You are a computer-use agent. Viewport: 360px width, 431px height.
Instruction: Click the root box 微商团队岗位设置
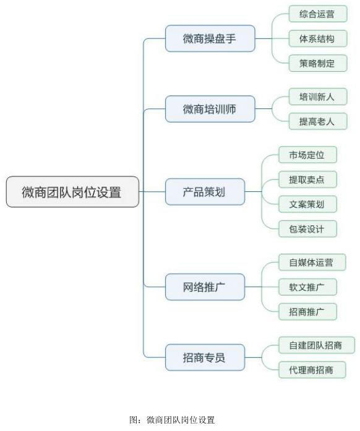[x=72, y=191]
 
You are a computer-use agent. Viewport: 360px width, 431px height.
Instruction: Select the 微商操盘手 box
[x=210, y=38]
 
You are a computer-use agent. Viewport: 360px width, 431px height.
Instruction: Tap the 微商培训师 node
[x=210, y=109]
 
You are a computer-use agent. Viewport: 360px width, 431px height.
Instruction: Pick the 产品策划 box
[x=205, y=191]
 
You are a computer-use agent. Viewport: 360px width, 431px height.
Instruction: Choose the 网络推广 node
[x=205, y=287]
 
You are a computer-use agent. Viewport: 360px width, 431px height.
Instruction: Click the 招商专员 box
[x=205, y=357]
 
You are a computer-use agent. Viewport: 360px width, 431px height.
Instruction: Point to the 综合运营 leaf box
[x=318, y=14]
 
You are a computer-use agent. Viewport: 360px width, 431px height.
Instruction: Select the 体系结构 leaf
[x=318, y=38]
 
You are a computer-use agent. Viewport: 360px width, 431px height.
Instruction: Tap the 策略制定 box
[x=318, y=63]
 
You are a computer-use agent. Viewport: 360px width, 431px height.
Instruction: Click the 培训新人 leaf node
[x=318, y=97]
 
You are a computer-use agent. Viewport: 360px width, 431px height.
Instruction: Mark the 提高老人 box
[x=318, y=121]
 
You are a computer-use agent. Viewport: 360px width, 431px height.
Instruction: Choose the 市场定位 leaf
[x=307, y=155]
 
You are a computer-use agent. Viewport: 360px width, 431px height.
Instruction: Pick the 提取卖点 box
[x=307, y=180]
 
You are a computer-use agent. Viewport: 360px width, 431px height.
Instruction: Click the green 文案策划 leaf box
[x=307, y=204]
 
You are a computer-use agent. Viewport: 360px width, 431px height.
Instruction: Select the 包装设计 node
[x=307, y=229]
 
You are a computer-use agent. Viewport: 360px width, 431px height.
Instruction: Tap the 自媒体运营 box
[x=312, y=262]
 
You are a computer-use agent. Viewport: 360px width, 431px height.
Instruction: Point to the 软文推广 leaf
[x=307, y=287]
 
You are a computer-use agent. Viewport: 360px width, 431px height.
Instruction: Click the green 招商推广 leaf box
[x=307, y=311]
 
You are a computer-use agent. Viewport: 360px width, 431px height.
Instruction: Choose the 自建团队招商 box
[x=317, y=345]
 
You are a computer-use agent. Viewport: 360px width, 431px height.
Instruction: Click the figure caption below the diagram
[x=172, y=420]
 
